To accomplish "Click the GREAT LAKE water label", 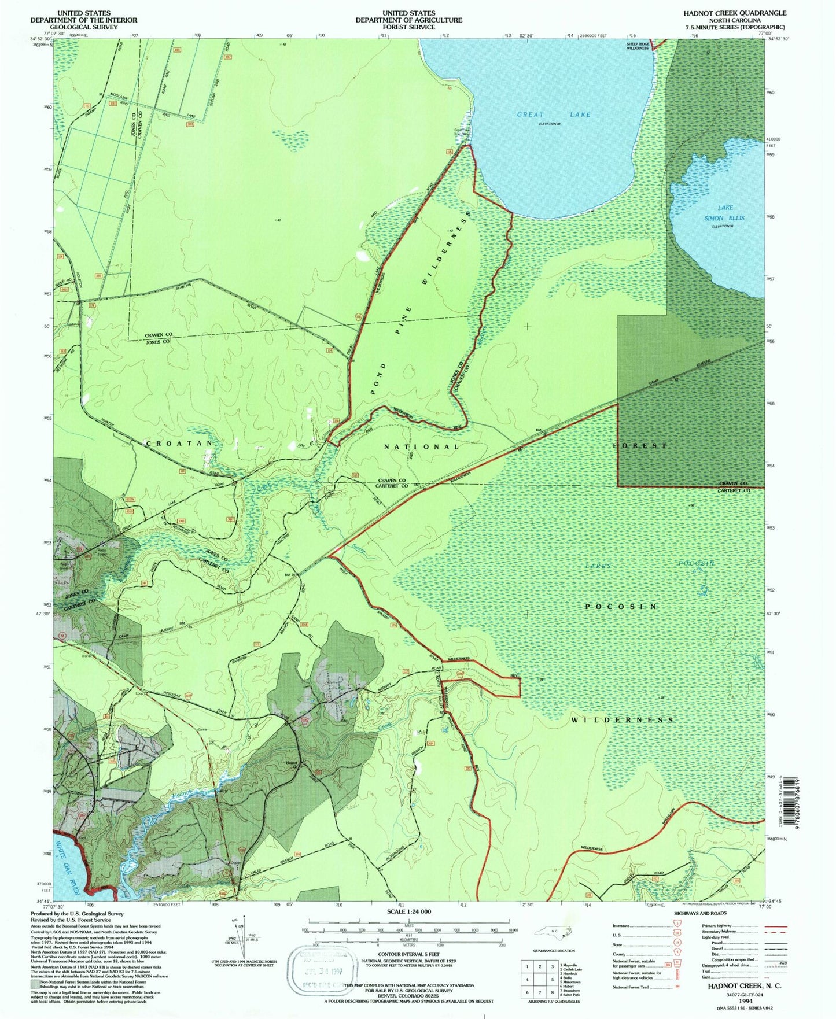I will click(x=554, y=115).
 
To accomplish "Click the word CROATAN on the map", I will click(x=179, y=443).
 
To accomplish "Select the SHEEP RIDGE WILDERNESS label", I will click(x=638, y=46).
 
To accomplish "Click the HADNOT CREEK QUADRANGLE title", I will click(x=735, y=13).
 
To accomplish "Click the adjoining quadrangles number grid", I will click(x=539, y=978).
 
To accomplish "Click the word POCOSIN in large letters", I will click(x=621, y=607).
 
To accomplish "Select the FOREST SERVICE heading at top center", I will click(x=408, y=27).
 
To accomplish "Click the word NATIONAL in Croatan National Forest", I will click(x=422, y=446).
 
